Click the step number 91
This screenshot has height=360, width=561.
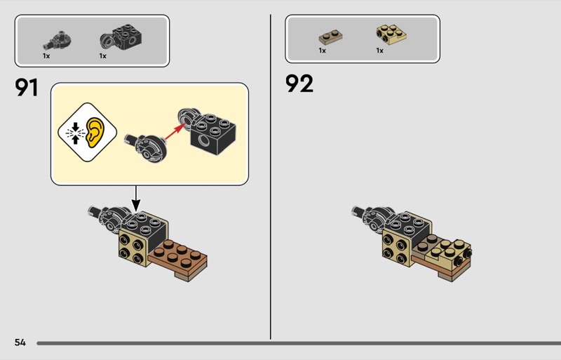click(x=27, y=88)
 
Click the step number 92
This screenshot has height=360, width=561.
click(x=299, y=84)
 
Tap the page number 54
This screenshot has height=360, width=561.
click(x=20, y=342)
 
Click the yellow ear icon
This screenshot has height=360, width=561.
click(x=95, y=133)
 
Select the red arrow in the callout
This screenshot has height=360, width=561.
click(x=176, y=131)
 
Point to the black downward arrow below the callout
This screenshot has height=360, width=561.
click(x=136, y=199)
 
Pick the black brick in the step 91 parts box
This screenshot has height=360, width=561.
click(x=121, y=37)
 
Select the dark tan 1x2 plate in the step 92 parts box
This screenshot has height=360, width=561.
click(x=330, y=37)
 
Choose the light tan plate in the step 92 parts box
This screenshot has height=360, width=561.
click(x=391, y=34)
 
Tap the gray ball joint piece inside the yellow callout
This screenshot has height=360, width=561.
click(x=146, y=147)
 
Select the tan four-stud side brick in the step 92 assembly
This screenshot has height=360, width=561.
click(x=396, y=248)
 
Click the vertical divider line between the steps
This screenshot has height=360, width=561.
click(x=271, y=177)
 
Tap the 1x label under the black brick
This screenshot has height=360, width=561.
click(x=103, y=56)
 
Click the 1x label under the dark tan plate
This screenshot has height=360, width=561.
click(x=323, y=51)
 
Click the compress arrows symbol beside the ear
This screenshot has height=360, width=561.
click(x=75, y=133)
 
